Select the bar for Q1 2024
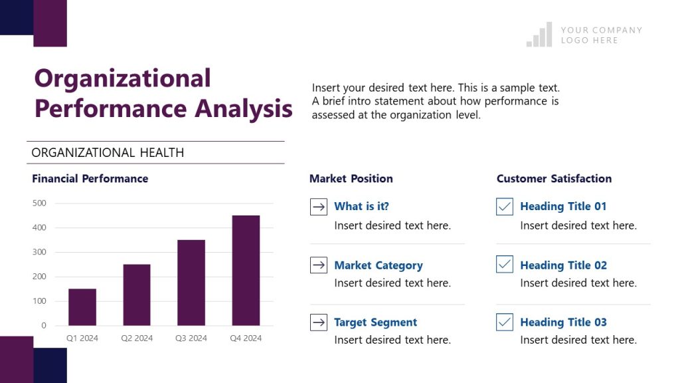pyautogui.click(x=82, y=307)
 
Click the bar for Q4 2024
pyautogui.click(x=246, y=270)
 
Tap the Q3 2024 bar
pyautogui.click(x=191, y=282)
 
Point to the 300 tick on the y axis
pyautogui.click(x=39, y=252)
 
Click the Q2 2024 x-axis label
pyautogui.click(x=137, y=338)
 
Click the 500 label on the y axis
pyautogui.click(x=39, y=203)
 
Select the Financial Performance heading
pyautogui.click(x=90, y=178)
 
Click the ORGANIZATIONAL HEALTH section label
pyautogui.click(x=108, y=152)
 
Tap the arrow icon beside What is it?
pyautogui.click(x=319, y=207)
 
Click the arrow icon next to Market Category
pyautogui.click(x=319, y=265)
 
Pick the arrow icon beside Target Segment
pyautogui.click(x=319, y=322)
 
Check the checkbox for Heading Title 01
pyautogui.click(x=505, y=207)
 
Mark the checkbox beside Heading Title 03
pyautogui.click(x=505, y=322)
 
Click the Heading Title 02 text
pyautogui.click(x=563, y=265)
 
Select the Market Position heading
pyautogui.click(x=351, y=178)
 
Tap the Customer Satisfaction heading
pyautogui.click(x=554, y=178)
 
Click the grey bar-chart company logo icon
pyautogui.click(x=539, y=35)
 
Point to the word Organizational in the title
pyautogui.click(x=122, y=78)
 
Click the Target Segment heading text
pyautogui.click(x=375, y=322)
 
